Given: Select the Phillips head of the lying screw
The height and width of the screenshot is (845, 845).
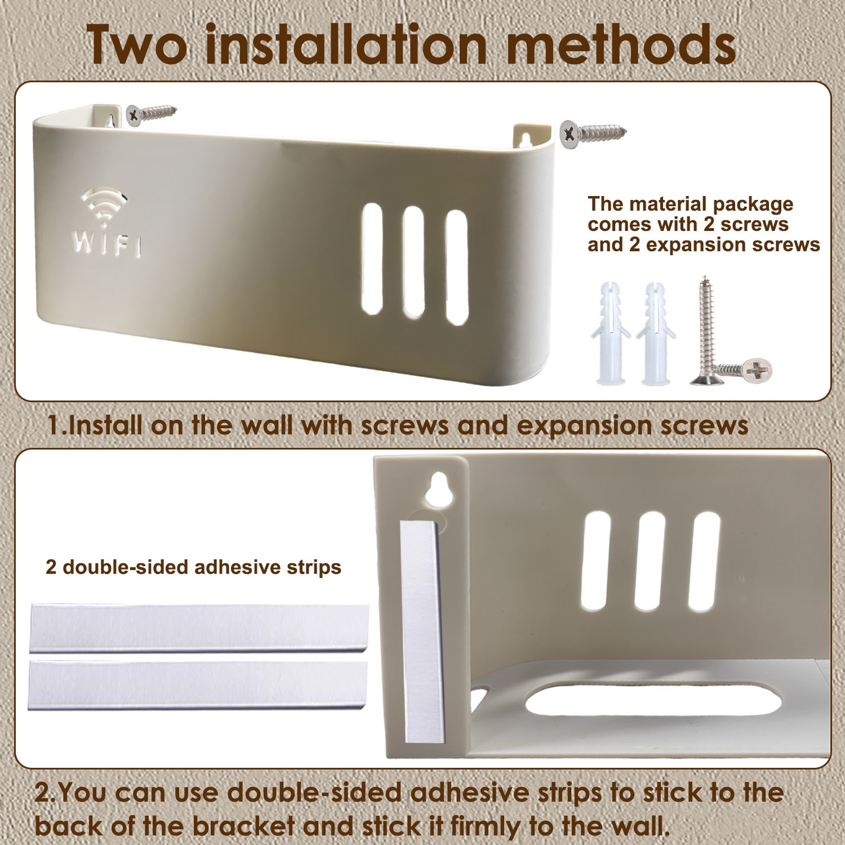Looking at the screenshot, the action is pos(757,370).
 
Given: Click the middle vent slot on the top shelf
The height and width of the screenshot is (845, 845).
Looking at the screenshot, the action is pos(413,261).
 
